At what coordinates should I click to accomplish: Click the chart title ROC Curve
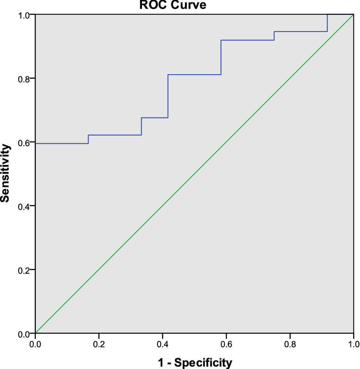[173, 5]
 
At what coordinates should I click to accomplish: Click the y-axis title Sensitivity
[5, 173]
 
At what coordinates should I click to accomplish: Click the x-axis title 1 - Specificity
[195, 363]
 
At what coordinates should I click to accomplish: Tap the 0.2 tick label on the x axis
[99, 344]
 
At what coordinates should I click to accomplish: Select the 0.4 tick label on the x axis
[162, 344]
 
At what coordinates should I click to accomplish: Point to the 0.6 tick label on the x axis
[226, 344]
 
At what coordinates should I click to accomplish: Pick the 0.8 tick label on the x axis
[290, 344]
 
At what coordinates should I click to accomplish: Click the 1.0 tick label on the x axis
[353, 344]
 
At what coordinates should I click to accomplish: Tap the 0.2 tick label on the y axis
[25, 270]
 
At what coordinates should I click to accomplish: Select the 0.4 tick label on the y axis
[25, 206]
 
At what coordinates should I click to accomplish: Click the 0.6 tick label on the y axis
[25, 142]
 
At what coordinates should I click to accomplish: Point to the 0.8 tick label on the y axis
[25, 78]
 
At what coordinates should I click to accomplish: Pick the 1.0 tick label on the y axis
[25, 15]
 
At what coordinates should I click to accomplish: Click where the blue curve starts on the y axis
[36, 143]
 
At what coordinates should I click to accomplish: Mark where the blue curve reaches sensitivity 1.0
[327, 15]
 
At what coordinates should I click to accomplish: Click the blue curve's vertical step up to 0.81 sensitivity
[168, 96]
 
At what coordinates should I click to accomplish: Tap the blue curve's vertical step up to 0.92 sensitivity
[221, 57]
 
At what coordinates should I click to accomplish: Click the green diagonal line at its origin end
[36, 333]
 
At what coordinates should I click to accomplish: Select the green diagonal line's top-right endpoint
[353, 15]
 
